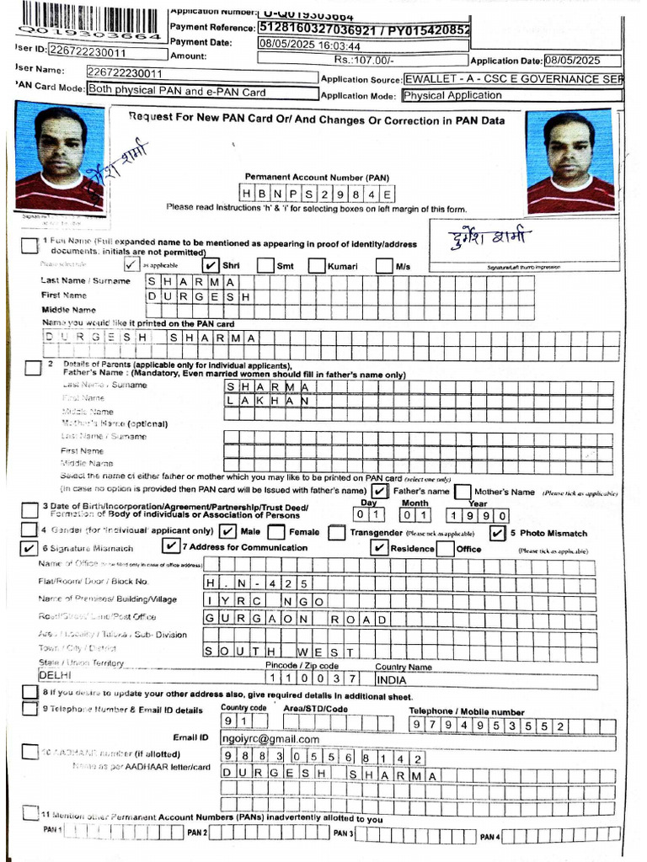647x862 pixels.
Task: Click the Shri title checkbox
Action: tap(212, 266)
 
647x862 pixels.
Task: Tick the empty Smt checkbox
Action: tap(265, 266)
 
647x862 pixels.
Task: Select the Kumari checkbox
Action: tap(316, 266)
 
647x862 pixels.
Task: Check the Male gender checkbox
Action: tap(227, 532)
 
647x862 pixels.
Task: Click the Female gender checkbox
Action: tap(275, 532)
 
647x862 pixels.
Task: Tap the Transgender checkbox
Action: tap(337, 532)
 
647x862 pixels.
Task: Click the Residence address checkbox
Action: tap(380, 548)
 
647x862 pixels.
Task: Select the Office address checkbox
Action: tap(445, 548)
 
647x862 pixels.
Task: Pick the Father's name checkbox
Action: tap(380, 491)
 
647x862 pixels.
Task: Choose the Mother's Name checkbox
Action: tap(462, 491)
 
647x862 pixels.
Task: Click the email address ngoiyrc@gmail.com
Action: tap(271, 738)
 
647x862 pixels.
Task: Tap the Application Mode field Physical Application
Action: tap(452, 95)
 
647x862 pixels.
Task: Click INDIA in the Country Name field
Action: tap(393, 678)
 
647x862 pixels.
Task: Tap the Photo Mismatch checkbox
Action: tap(497, 532)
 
